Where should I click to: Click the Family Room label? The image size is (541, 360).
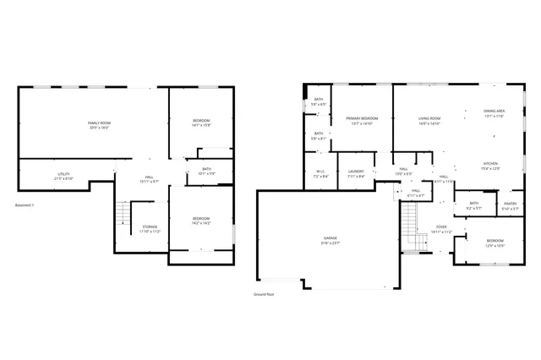(100, 126)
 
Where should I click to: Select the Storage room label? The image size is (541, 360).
(150, 228)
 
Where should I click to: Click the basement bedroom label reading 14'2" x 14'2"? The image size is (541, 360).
(200, 221)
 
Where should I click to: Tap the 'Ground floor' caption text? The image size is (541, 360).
(264, 294)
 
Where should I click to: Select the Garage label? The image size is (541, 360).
(330, 241)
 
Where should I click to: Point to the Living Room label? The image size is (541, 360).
(429, 121)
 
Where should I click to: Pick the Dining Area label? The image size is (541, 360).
(495, 113)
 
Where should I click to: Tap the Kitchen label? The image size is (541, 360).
(491, 166)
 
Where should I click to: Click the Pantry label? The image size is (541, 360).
(509, 205)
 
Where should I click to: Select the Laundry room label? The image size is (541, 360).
(356, 173)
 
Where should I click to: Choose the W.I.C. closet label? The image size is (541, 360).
(320, 173)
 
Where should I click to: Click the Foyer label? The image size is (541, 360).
(441, 229)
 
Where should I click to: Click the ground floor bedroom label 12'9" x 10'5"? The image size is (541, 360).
(495, 243)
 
